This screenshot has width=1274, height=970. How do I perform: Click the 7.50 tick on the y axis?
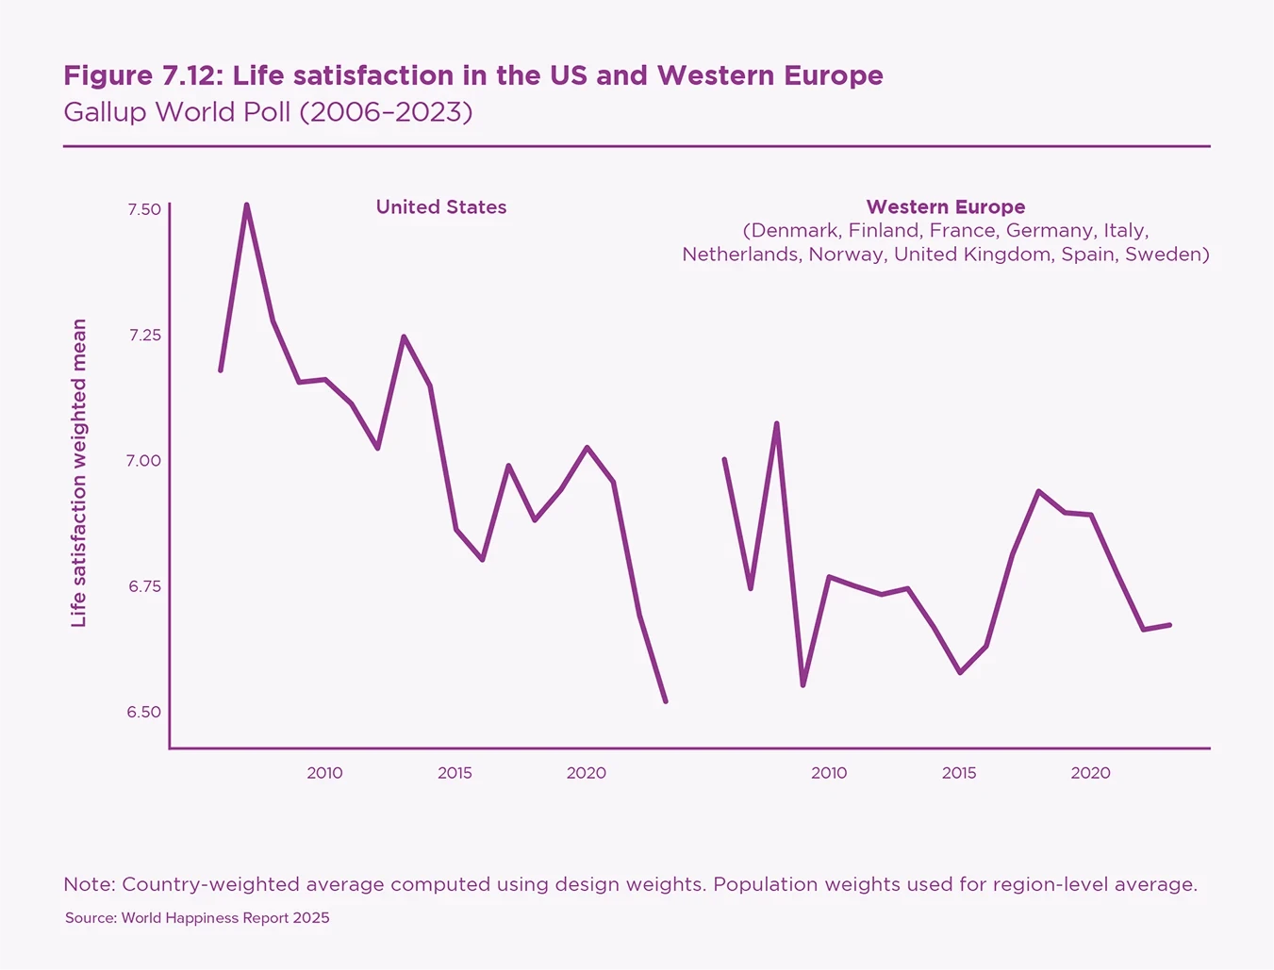click(x=144, y=209)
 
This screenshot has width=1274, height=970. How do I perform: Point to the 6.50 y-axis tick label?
click(x=144, y=713)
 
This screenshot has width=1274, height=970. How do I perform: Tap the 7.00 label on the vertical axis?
click(x=144, y=461)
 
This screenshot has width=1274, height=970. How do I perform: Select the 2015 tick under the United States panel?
click(x=455, y=773)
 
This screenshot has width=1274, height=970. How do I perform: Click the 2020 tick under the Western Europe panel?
click(x=1090, y=773)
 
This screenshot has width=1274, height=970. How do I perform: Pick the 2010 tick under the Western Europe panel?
click(x=829, y=773)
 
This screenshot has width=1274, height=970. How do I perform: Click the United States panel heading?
click(x=440, y=207)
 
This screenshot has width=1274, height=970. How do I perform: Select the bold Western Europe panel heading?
click(x=945, y=207)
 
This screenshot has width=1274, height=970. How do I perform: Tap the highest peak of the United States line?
click(x=246, y=205)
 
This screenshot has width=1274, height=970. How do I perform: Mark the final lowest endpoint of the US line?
click(x=666, y=701)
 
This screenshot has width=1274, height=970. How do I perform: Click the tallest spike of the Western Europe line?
click(x=776, y=423)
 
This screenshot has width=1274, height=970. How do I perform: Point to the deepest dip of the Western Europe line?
click(x=802, y=685)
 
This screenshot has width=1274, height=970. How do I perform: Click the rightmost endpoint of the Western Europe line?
click(x=1169, y=625)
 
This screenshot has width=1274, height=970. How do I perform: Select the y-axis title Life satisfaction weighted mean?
click(x=79, y=472)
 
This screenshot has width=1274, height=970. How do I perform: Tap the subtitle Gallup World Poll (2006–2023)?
click(x=268, y=112)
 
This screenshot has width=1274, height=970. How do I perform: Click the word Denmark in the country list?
click(x=794, y=231)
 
